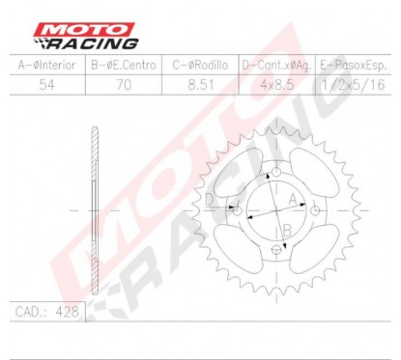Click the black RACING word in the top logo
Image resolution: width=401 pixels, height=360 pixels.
(x=100, y=43)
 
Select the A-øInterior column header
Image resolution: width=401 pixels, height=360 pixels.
(x=45, y=65)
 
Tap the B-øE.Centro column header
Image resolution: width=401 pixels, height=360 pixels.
(x=123, y=65)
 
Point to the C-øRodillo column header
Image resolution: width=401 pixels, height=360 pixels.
(x=199, y=65)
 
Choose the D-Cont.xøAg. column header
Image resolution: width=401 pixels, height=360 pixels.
(x=275, y=65)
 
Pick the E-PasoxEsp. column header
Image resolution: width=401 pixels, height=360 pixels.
(x=353, y=65)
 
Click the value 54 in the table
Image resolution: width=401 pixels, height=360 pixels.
(x=45, y=84)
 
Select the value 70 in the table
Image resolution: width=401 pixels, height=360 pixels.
(x=123, y=84)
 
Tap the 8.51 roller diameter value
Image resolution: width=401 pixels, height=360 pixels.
(x=199, y=84)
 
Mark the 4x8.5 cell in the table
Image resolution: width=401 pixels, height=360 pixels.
(x=275, y=84)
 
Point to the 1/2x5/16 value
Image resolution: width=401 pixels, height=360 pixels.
(x=353, y=84)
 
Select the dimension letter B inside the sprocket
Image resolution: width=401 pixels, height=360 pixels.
(x=288, y=228)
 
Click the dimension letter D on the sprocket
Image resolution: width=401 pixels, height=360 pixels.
(x=209, y=198)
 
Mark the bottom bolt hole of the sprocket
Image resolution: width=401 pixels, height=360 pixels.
(x=278, y=249)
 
